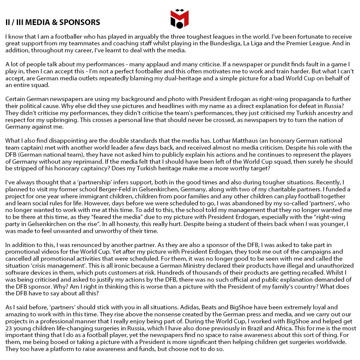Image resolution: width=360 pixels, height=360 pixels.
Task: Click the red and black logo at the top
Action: click(x=180, y=19)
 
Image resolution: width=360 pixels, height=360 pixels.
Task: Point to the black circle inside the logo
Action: click(x=180, y=25)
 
